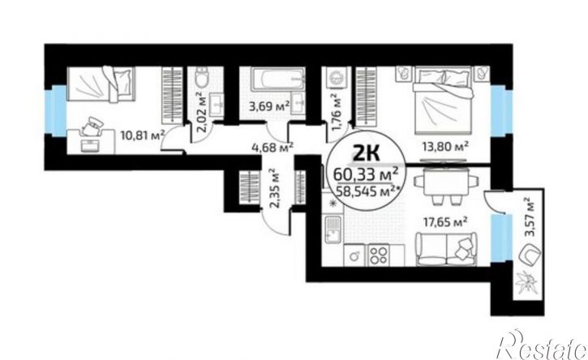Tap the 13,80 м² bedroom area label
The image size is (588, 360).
point(445,147)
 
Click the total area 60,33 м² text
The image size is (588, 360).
point(366,174)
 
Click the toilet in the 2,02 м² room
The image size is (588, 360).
point(204,78)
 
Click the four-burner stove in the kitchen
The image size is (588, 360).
point(378,255)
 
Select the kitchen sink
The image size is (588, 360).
point(333,229)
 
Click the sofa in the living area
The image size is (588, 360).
point(446,249)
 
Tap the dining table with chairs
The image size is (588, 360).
point(446,185)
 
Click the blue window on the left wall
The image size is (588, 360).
point(58,110)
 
